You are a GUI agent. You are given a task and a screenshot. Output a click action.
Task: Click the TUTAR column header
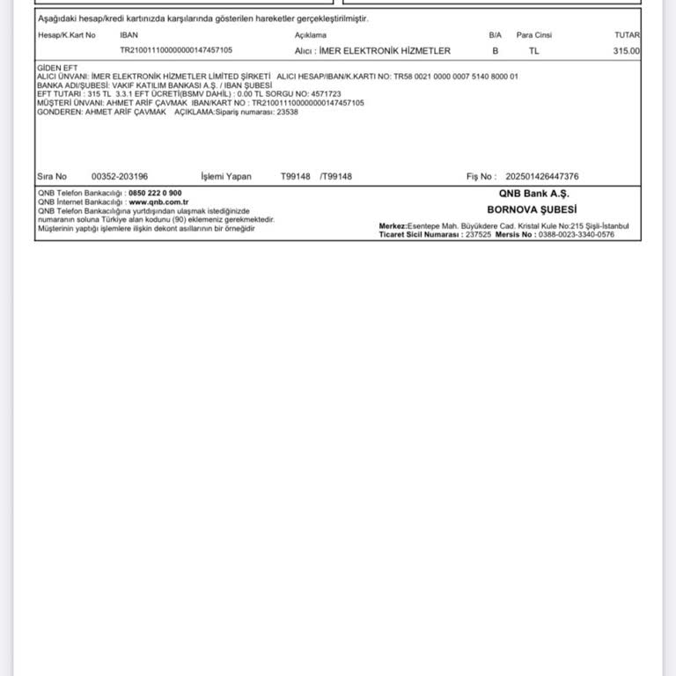(x=627, y=35)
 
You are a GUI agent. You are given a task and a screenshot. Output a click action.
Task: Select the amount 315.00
(x=627, y=51)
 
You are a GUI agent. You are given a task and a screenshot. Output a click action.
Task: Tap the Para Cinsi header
(x=534, y=35)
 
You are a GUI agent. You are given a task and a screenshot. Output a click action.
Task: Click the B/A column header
(x=495, y=35)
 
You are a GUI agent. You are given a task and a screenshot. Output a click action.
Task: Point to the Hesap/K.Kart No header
(x=67, y=35)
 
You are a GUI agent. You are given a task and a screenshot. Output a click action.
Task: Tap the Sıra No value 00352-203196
(x=120, y=177)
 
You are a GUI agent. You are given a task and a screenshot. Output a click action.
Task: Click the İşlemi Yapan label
(x=226, y=177)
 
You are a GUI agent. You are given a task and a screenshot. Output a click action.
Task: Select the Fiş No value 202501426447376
(x=542, y=177)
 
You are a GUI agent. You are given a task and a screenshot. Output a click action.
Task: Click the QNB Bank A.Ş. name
(x=534, y=193)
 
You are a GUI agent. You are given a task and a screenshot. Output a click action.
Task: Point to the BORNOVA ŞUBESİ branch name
(x=532, y=209)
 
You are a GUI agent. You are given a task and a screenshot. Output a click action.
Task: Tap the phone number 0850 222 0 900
(x=155, y=193)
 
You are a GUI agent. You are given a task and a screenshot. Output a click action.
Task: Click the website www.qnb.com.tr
(x=158, y=202)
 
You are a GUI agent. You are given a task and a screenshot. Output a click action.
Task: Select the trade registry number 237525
(x=478, y=235)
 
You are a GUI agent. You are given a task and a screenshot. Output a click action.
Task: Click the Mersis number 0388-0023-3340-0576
(x=577, y=235)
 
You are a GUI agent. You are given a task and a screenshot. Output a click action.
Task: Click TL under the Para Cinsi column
(x=534, y=51)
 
